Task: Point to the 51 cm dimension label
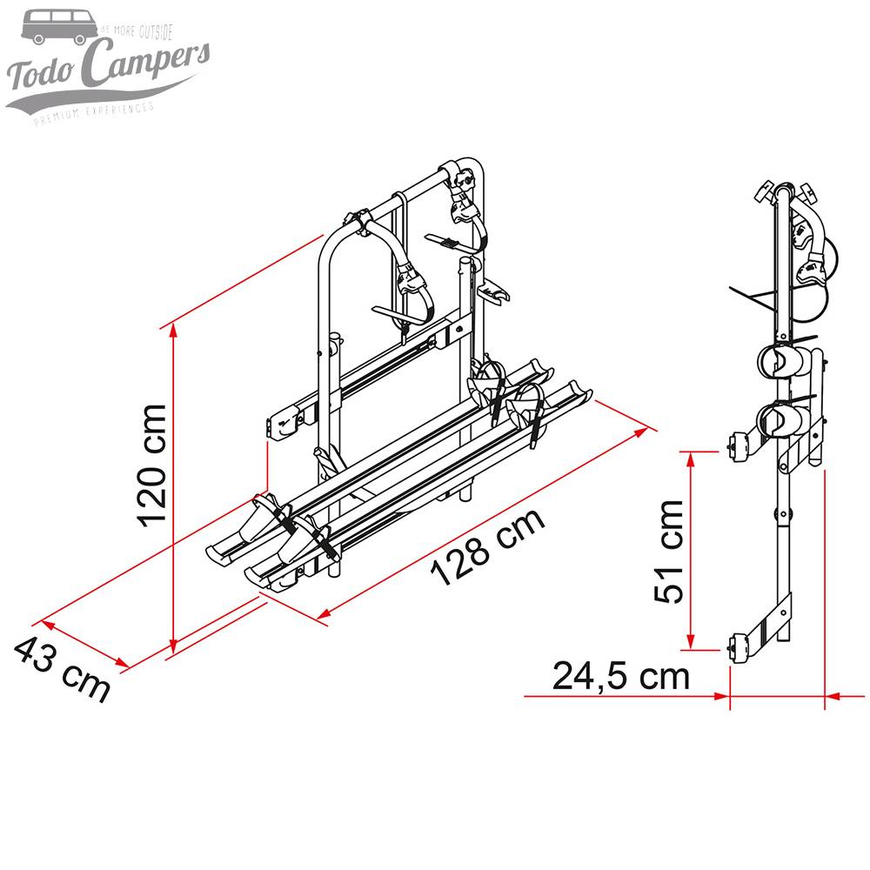[x=671, y=551]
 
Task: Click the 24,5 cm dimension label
[x=621, y=674]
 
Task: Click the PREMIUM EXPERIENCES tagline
[x=94, y=112]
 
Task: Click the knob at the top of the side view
[x=766, y=191]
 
